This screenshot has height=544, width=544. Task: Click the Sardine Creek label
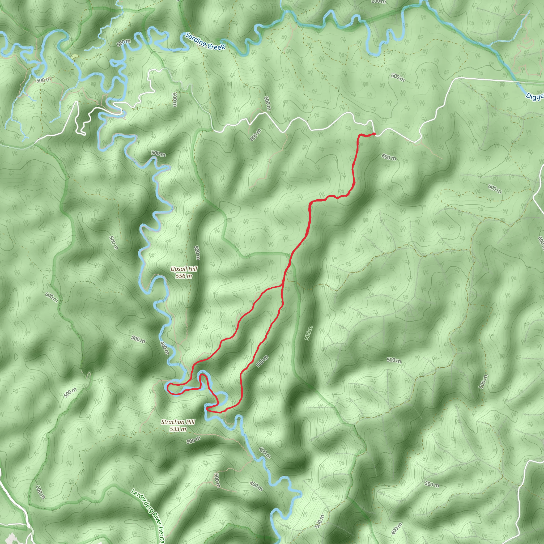pyautogui.click(x=205, y=41)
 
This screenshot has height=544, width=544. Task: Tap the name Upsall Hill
pyautogui.click(x=184, y=269)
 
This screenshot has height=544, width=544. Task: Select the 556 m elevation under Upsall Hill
pyautogui.click(x=184, y=276)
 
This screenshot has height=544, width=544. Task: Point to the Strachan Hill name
pyautogui.click(x=178, y=422)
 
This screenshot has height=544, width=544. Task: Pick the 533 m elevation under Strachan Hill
pyautogui.click(x=178, y=429)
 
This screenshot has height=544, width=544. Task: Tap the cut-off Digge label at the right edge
pyautogui.click(x=535, y=96)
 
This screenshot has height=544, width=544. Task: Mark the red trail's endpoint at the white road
pyautogui.click(x=374, y=134)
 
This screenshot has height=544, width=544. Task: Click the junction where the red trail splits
pyautogui.click(x=282, y=286)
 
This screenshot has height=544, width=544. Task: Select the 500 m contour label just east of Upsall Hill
pyautogui.click(x=197, y=253)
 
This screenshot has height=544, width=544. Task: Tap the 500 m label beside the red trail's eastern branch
pyautogui.click(x=262, y=361)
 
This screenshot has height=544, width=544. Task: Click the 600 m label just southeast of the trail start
pyautogui.click(x=389, y=157)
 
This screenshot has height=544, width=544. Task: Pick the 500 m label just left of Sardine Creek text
pyautogui.click(x=124, y=42)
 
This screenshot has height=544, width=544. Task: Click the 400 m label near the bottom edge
pyautogui.click(x=397, y=528)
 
